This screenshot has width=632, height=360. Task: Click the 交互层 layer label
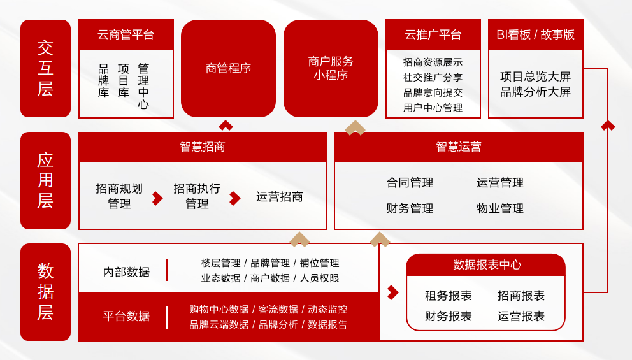click(x=45, y=68)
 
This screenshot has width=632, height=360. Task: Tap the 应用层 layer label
click(x=45, y=180)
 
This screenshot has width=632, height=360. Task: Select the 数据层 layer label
click(x=45, y=292)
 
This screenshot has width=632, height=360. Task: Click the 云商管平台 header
click(x=126, y=34)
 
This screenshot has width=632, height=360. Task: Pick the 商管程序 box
click(x=228, y=68)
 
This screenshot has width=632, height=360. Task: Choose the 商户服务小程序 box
click(x=331, y=68)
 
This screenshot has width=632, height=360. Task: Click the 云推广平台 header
click(x=433, y=34)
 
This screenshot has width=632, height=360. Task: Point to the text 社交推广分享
click(x=433, y=77)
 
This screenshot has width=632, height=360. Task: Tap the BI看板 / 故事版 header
click(x=536, y=34)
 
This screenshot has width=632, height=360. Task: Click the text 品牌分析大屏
click(x=536, y=92)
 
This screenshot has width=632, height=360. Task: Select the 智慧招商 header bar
click(x=203, y=147)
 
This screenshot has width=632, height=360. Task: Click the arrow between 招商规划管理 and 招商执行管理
click(x=157, y=198)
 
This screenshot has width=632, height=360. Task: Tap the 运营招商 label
click(x=280, y=197)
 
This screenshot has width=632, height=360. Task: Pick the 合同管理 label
click(x=410, y=183)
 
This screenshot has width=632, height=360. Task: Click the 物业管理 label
click(x=500, y=208)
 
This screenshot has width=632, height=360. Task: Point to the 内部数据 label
click(x=126, y=272)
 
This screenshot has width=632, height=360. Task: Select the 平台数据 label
click(x=126, y=316)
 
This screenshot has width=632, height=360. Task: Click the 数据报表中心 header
click(x=485, y=264)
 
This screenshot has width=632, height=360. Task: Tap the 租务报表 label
click(x=449, y=296)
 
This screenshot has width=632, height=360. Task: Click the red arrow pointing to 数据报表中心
click(x=392, y=292)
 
